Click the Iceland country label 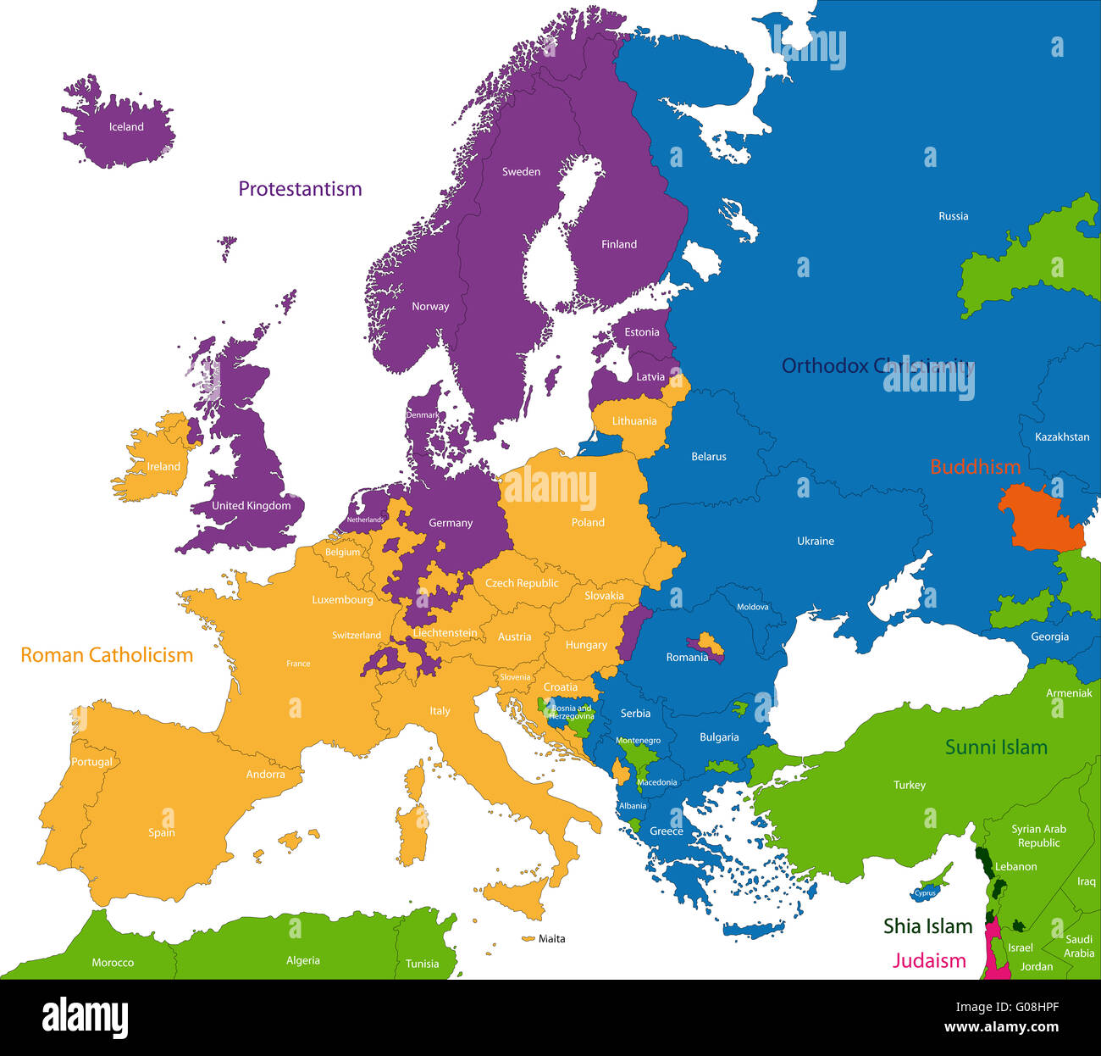126,127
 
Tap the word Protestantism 300,189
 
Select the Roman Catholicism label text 107,655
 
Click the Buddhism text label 975,467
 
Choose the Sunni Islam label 996,748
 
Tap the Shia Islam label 927,926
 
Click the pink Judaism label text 928,961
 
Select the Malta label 551,939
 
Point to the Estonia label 641,332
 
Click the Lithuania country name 633,421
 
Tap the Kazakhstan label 1062,437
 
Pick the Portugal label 91,762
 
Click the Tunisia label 422,964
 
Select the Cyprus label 925,893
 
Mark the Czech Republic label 521,583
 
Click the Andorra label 265,775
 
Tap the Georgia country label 1049,637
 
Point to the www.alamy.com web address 1001,1028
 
